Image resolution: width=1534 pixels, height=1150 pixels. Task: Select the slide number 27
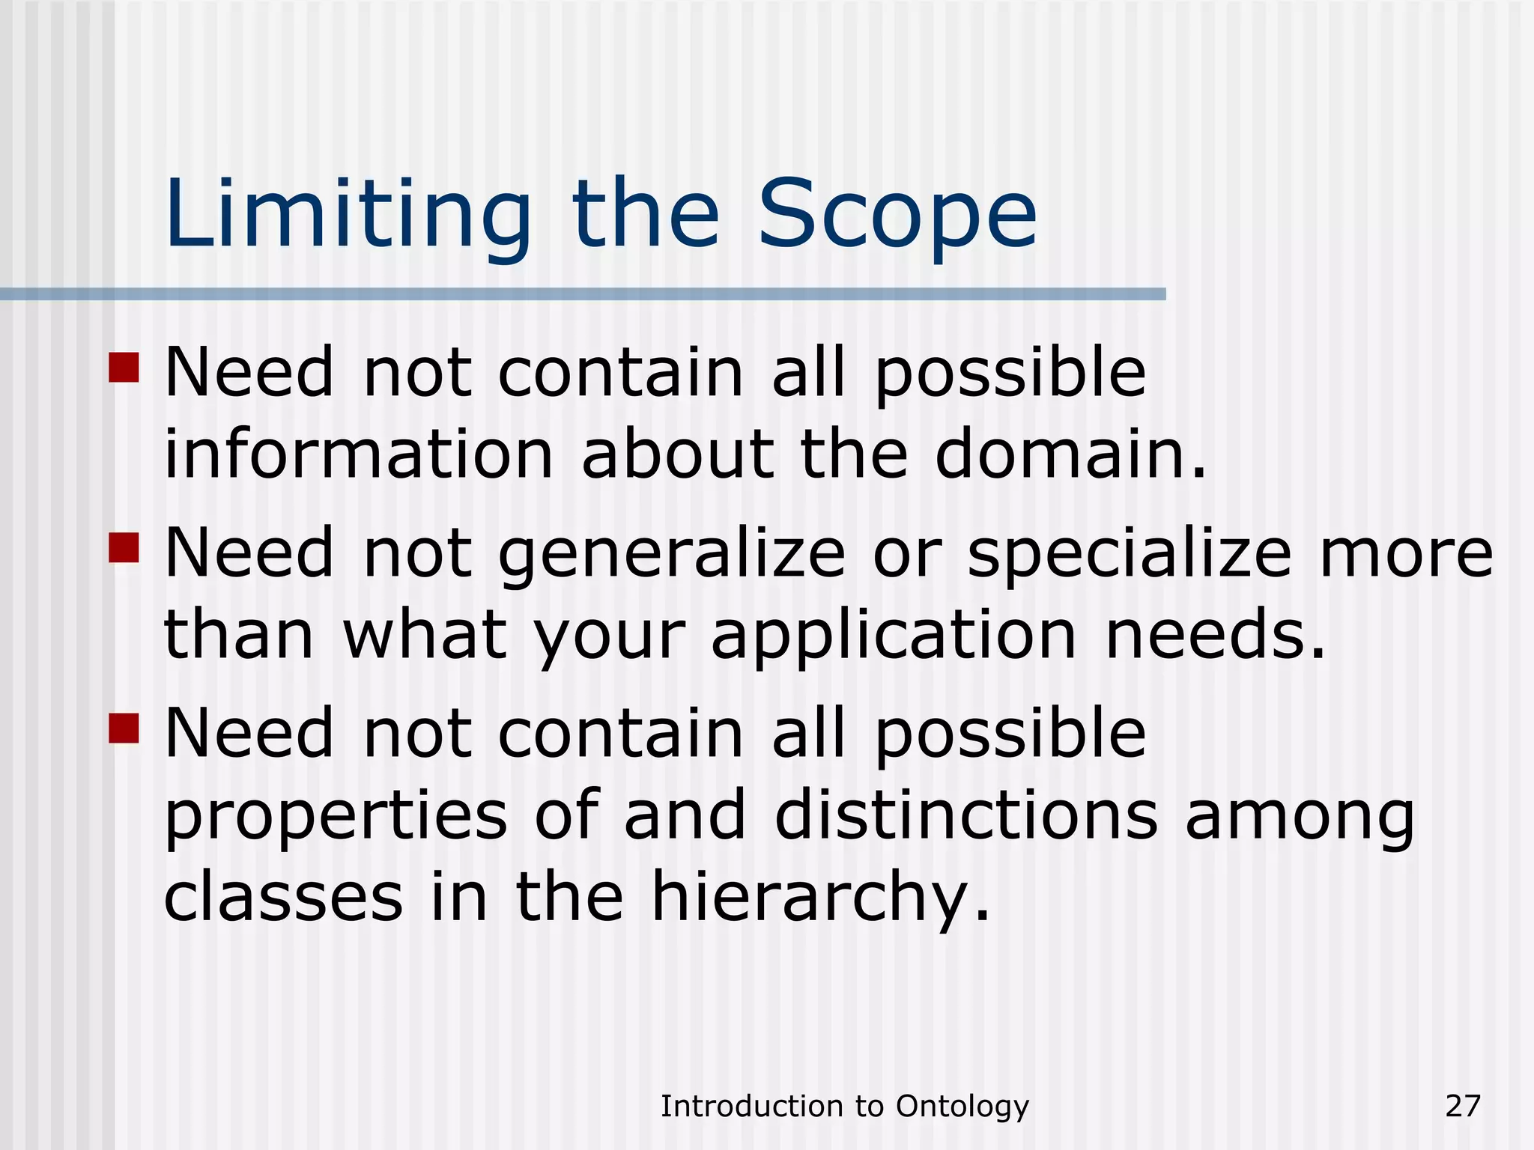click(1463, 1106)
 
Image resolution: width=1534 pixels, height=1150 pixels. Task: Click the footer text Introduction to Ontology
click(844, 1106)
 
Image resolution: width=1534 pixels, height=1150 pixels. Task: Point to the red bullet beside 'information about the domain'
click(124, 368)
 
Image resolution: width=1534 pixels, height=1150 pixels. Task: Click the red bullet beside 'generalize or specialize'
click(124, 547)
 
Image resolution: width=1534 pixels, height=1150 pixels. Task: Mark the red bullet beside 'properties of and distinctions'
click(124, 727)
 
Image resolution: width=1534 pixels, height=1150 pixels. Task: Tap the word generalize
click(671, 556)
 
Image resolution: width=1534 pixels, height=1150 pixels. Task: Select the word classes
click(284, 897)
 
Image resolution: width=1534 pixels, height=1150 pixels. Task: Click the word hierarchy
click(820, 898)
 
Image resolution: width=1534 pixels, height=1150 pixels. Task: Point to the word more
click(1406, 554)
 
